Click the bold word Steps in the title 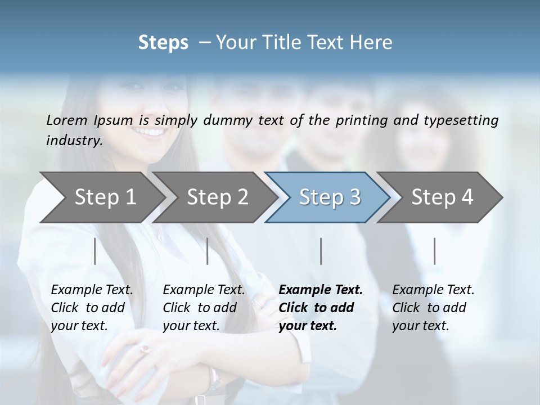163,43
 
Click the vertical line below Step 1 95,251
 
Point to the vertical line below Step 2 208,251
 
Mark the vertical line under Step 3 321,251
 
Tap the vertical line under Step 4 434,251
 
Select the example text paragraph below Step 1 92,308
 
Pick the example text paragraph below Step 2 204,308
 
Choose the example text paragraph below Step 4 433,308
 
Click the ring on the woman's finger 145,349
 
